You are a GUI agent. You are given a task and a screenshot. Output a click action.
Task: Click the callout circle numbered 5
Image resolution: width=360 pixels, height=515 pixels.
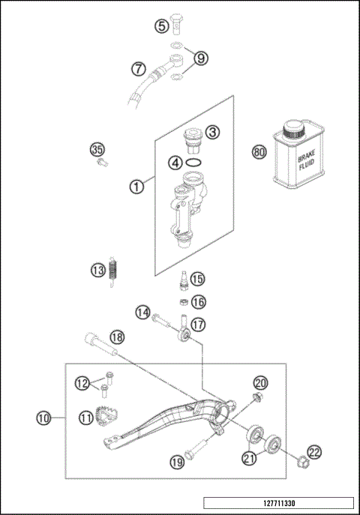click(x=162, y=27)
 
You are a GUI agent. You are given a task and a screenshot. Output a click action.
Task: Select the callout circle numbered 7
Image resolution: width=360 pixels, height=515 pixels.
click(x=139, y=68)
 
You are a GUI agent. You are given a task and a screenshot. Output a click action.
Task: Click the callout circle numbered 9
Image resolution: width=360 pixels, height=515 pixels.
click(x=200, y=58)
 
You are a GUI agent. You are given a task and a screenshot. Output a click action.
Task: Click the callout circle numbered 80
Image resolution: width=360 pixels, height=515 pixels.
click(x=259, y=151)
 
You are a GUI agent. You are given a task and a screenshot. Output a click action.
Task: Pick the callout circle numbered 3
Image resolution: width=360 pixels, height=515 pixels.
click(x=214, y=132)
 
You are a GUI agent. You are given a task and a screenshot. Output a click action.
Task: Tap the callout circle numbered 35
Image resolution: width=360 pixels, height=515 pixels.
click(x=96, y=150)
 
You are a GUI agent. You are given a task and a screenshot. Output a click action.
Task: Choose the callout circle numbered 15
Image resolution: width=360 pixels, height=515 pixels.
click(x=197, y=279)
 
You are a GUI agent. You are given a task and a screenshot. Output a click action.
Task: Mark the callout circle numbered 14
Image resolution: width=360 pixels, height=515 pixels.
click(x=143, y=311)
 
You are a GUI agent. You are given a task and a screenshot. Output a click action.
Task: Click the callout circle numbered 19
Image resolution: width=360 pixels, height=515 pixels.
click(x=177, y=463)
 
